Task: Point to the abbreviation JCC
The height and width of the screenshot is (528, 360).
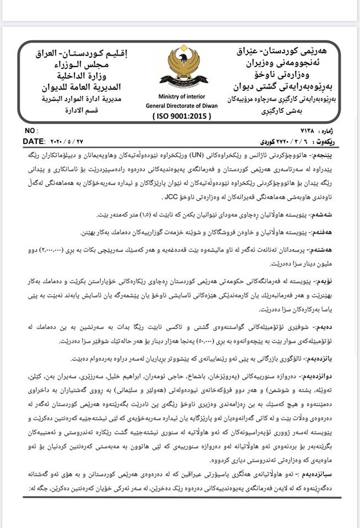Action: [x=171, y=197]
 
